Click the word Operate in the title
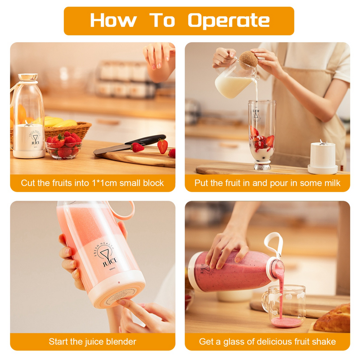coord(229,21)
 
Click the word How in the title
coord(113,21)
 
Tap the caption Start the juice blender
coord(93,341)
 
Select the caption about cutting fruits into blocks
coord(93,183)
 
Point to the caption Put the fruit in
coord(267,183)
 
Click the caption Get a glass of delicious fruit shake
coord(267,341)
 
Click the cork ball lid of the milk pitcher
coord(248,60)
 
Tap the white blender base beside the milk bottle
coord(323,157)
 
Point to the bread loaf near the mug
coord(333,319)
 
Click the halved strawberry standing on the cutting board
coord(162,146)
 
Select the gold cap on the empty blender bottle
coord(28,77)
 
